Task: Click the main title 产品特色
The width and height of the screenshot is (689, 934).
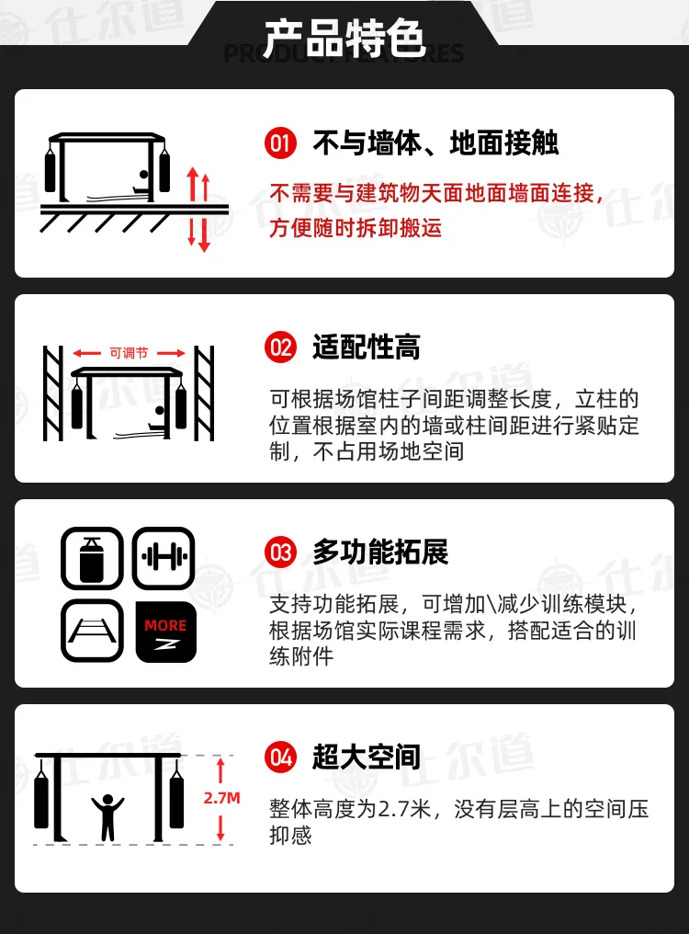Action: [344, 38]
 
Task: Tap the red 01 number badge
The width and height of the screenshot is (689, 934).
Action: [280, 143]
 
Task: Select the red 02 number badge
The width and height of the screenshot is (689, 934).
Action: [280, 347]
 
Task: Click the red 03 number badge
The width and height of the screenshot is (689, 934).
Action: [280, 552]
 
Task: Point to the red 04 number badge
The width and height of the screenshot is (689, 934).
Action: [280, 757]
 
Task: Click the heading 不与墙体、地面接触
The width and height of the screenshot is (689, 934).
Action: [436, 143]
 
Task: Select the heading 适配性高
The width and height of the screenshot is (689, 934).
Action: [367, 347]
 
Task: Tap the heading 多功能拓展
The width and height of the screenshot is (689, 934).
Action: [380, 552]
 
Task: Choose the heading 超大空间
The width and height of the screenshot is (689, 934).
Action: [367, 757]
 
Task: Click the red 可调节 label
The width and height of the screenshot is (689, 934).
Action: [129, 353]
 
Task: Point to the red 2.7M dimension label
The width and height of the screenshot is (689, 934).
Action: [222, 798]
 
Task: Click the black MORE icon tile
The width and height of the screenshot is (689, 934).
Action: [165, 632]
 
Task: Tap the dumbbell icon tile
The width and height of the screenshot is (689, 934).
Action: [164, 558]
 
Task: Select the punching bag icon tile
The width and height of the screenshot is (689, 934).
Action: [92, 558]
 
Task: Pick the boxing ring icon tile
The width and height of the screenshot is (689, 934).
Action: [92, 632]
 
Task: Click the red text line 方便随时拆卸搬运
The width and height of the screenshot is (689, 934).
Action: [356, 228]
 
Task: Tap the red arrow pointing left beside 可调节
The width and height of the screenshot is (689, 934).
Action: [87, 353]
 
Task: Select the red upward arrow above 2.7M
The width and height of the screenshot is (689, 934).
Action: [220, 770]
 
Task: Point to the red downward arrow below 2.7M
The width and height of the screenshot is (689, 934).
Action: [220, 828]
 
